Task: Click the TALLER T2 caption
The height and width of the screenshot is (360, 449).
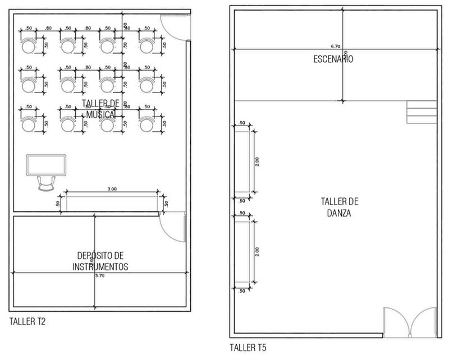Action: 28,322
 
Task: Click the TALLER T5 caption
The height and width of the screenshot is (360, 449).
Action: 248,348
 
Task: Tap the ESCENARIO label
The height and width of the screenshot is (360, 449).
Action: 333,58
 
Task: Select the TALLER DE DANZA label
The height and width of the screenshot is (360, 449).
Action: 340,207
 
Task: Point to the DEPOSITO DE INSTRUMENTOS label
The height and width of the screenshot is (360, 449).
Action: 100,260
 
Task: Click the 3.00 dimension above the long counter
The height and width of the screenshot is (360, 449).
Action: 111,189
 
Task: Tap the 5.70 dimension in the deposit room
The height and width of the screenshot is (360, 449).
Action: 100,276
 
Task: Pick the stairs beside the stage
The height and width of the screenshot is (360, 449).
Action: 421,112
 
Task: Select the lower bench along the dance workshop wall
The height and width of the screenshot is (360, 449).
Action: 242,251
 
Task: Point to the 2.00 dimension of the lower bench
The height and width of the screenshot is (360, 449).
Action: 257,251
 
